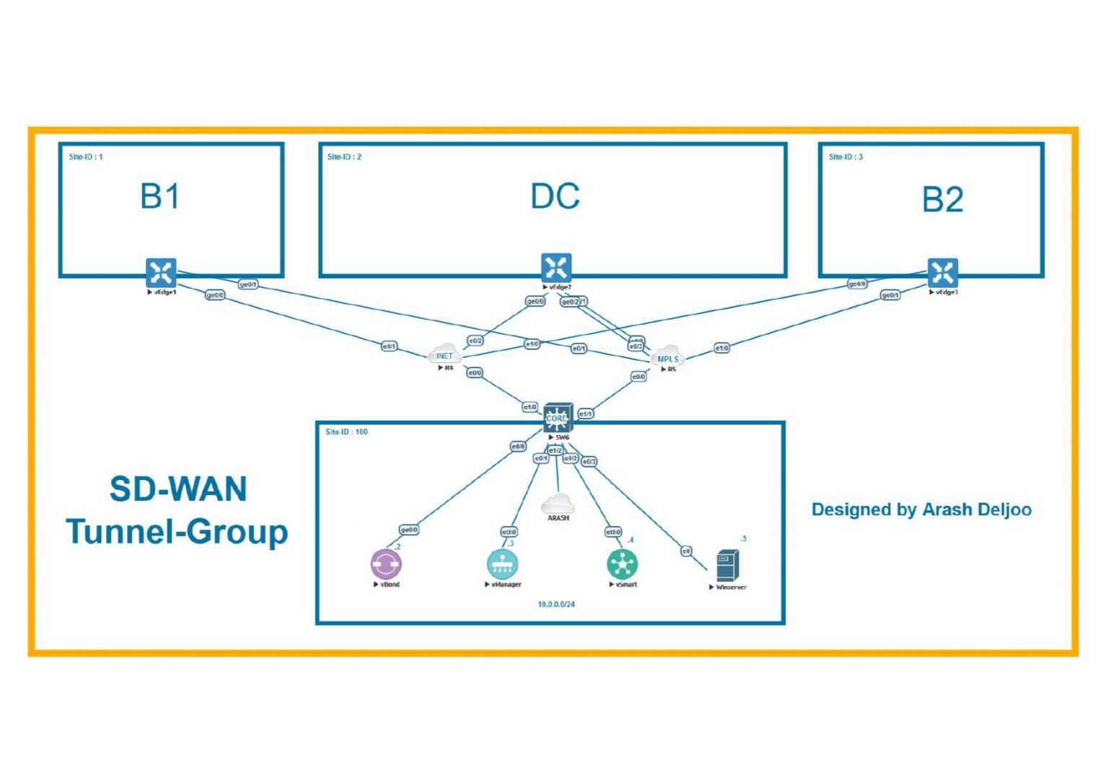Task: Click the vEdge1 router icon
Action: [x=160, y=272]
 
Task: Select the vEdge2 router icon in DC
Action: [x=556, y=268]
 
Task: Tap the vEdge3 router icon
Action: [x=942, y=272]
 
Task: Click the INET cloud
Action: [x=444, y=354]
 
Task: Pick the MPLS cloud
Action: [x=668, y=356]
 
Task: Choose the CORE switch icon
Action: [x=558, y=418]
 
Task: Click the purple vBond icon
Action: [x=386, y=564]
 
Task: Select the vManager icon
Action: [x=502, y=564]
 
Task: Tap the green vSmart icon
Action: [x=622, y=564]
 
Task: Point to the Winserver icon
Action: [x=727, y=565]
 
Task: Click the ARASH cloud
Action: [x=558, y=504]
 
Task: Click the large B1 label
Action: [x=159, y=196]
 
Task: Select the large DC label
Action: [x=555, y=196]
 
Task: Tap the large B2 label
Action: [x=942, y=200]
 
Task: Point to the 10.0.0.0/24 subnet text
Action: [x=556, y=604]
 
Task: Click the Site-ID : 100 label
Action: [x=346, y=432]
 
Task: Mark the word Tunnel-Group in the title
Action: [x=177, y=532]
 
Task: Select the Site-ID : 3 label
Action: [x=845, y=157]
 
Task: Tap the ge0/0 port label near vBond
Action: [x=409, y=530]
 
